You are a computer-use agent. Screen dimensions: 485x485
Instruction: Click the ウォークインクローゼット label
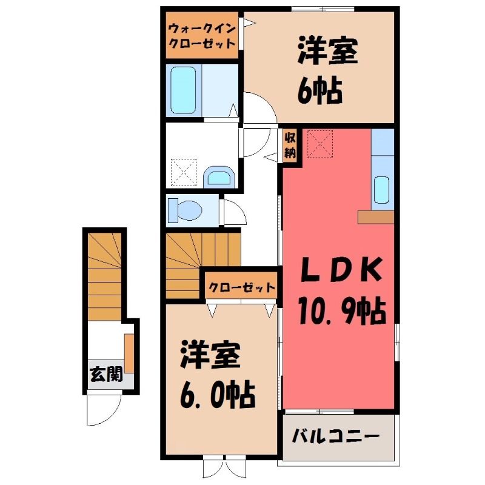tap(202, 36)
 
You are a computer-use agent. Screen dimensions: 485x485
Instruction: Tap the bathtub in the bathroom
tap(183, 90)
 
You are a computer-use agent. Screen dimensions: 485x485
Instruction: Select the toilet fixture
tap(184, 210)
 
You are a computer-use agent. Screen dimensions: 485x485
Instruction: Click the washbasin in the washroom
tap(219, 177)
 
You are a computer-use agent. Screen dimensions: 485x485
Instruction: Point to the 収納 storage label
tap(290, 145)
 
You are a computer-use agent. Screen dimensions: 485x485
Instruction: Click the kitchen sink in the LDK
tap(382, 190)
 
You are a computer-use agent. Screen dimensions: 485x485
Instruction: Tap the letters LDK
tap(341, 269)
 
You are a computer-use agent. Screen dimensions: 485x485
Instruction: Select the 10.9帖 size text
tap(343, 312)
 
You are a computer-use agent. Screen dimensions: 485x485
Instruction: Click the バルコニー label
tap(336, 436)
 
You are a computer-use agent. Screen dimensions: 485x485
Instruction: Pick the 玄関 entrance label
tap(106, 374)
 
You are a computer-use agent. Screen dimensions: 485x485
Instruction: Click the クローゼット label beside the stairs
tap(241, 287)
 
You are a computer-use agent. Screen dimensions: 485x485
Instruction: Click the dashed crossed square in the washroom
tap(184, 172)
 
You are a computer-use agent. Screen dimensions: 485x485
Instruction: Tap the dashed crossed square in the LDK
tap(320, 144)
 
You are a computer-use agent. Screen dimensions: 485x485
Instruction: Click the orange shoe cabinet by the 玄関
tap(129, 353)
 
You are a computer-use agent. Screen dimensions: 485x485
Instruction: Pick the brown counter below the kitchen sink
tap(376, 217)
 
